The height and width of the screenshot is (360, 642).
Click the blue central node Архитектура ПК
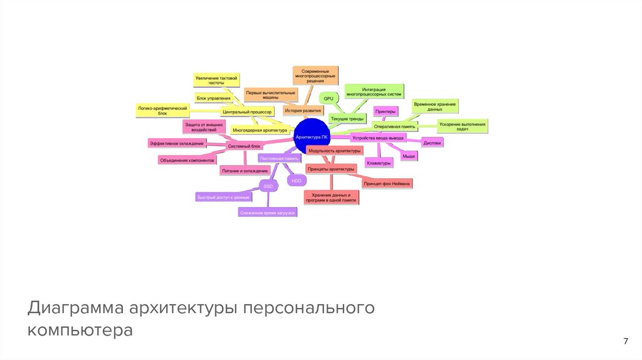coord(312,137)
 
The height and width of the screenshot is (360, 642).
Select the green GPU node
coord(329,98)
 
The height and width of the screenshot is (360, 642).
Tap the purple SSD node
coord(268,186)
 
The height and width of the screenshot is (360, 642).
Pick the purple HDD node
coord(296,181)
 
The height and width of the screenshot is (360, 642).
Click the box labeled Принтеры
coord(386,112)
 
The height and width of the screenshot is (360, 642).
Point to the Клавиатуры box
coord(379,163)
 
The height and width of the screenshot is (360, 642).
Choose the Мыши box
coord(409,156)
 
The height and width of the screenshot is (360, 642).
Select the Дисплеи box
coord(432,142)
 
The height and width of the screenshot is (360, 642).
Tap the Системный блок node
coord(244,146)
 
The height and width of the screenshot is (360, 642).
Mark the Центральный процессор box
coord(247,111)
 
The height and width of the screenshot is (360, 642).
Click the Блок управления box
coord(213,98)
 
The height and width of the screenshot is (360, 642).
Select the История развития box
coord(303,110)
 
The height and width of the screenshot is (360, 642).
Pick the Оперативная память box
coord(394,126)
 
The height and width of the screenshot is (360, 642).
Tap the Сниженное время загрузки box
coord(267,213)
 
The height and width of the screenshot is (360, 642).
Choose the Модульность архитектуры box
coord(335,151)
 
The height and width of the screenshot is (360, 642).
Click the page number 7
coord(625,341)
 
